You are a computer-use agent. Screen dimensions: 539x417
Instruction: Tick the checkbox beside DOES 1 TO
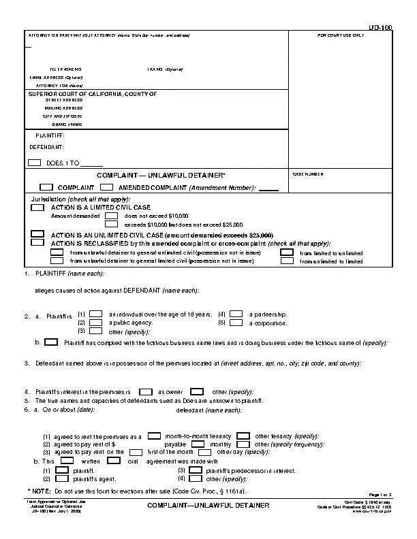(35, 163)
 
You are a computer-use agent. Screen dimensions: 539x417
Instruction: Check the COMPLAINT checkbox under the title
(46, 187)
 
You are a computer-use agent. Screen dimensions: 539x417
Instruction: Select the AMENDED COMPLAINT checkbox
(106, 187)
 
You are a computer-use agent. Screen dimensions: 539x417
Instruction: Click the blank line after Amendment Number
(269, 188)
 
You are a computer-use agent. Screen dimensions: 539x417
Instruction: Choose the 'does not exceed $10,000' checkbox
(112, 215)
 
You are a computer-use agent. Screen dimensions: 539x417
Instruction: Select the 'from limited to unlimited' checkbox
(287, 252)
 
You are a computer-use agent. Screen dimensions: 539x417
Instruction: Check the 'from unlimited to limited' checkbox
(287, 261)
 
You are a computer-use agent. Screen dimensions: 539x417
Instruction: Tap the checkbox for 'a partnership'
(236, 314)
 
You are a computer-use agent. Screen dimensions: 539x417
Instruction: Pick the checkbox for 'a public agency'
(96, 322)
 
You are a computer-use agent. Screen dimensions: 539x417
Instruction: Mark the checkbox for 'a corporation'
(236, 322)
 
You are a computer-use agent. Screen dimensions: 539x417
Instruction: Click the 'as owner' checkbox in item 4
(144, 392)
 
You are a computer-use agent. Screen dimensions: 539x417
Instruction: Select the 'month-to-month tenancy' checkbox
(155, 436)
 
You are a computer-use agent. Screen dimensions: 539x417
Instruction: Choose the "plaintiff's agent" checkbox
(62, 478)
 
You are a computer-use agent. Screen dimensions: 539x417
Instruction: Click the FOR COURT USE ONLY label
(340, 35)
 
